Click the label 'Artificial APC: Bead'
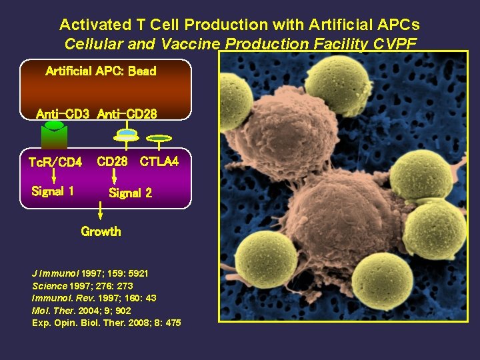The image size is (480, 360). point(101,71)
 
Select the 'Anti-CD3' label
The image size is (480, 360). point(63,114)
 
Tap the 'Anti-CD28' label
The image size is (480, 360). point(127,114)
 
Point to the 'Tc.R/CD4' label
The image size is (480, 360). point(55,162)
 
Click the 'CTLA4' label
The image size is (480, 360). point(159,161)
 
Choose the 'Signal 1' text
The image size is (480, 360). point(53,192)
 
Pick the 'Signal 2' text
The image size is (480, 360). point(130,193)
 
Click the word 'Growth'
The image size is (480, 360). point(101,232)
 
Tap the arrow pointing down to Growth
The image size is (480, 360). point(101,213)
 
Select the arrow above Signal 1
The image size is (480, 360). point(55,176)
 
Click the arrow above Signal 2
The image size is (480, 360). point(114,176)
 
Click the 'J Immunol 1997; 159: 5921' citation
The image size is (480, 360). point(90,274)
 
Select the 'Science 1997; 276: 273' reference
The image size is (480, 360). point(83,286)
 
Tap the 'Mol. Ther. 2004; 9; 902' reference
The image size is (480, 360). point(81,311)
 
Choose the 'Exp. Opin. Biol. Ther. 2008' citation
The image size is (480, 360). point(106,323)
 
